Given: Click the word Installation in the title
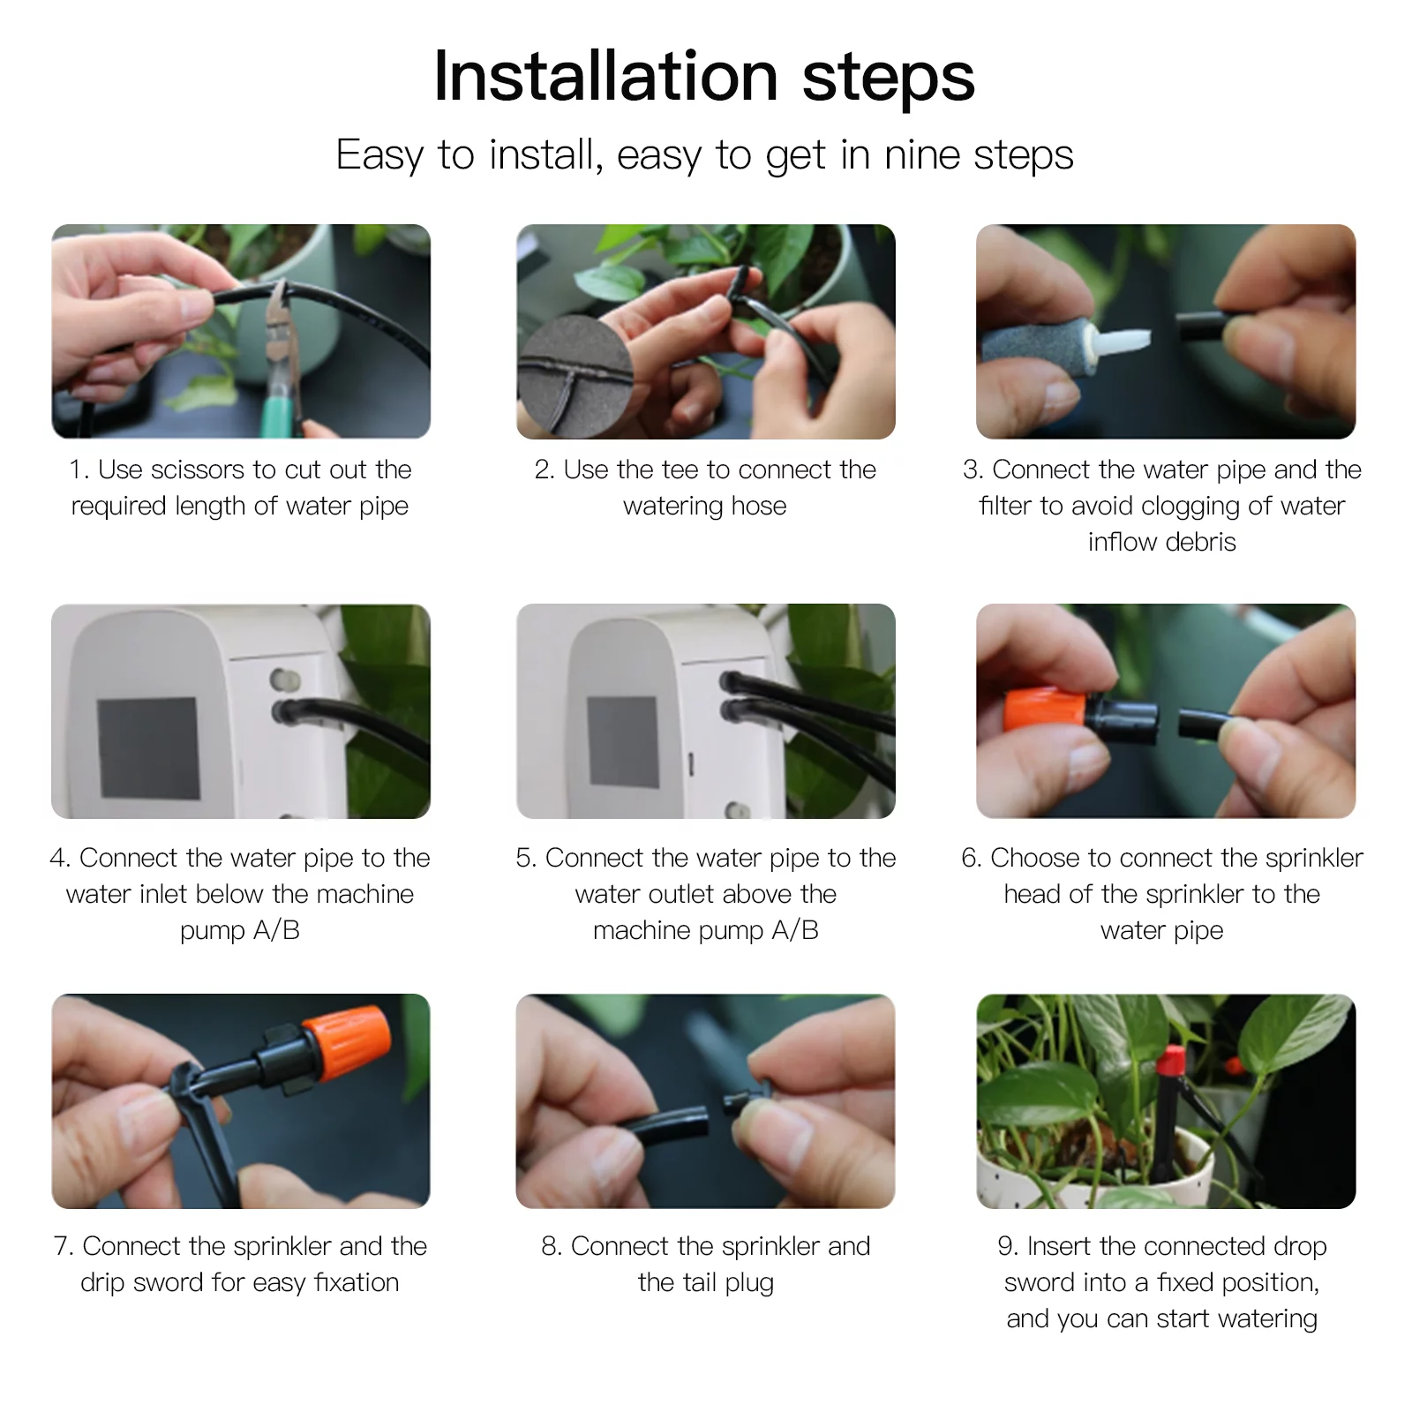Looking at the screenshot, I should (x=605, y=77).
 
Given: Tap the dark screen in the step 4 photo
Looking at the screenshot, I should (x=148, y=747).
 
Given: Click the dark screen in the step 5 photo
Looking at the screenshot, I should (x=623, y=742).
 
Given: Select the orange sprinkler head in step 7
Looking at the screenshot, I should (x=345, y=1047).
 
